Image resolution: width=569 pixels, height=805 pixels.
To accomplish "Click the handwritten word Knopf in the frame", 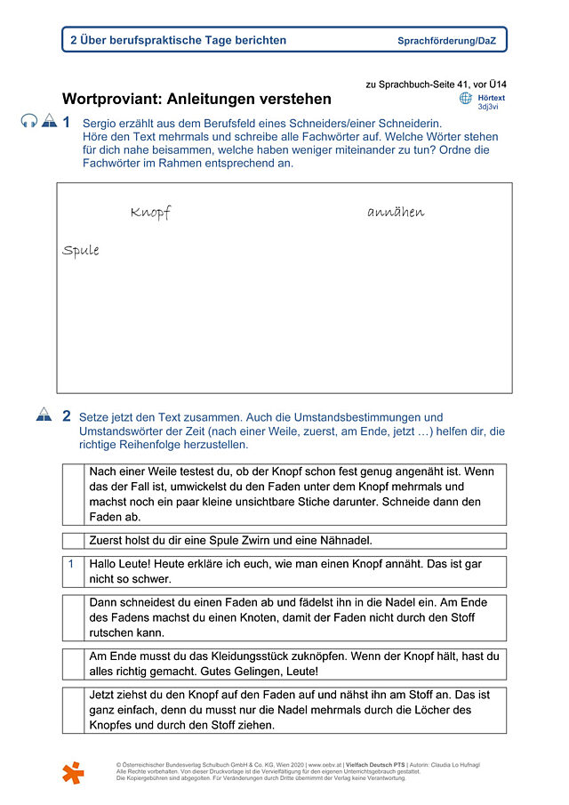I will pos(149,213).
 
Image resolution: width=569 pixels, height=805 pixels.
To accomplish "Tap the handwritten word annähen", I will pos(396,212).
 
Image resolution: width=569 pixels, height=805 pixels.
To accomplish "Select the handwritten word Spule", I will pos(81,251).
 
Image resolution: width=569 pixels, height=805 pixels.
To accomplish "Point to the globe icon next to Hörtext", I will pos(466,99).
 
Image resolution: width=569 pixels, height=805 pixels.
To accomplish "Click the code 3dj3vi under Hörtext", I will pos(488,107).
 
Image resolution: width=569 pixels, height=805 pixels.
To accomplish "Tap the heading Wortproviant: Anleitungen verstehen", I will pos(196,99).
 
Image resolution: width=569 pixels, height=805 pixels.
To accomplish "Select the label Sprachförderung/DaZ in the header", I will pos(446,41).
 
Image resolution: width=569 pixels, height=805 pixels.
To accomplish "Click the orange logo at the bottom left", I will pos(74,772).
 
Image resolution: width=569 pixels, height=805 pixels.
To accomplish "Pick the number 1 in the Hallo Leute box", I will pos(72,563).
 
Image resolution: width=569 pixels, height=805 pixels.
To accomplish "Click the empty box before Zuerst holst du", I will pos(73,540).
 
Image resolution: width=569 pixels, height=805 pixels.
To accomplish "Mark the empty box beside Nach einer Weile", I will pos(73,495).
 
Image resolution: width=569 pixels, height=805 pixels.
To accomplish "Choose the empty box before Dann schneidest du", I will pos(73,617).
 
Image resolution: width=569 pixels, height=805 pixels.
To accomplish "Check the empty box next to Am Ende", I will pos(73,664).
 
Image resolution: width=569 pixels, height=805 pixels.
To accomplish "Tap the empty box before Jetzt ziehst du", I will pos(73,710).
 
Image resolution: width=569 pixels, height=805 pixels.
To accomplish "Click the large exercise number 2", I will pos(67,415).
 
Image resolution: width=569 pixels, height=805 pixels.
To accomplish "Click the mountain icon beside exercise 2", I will pos(44,415).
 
